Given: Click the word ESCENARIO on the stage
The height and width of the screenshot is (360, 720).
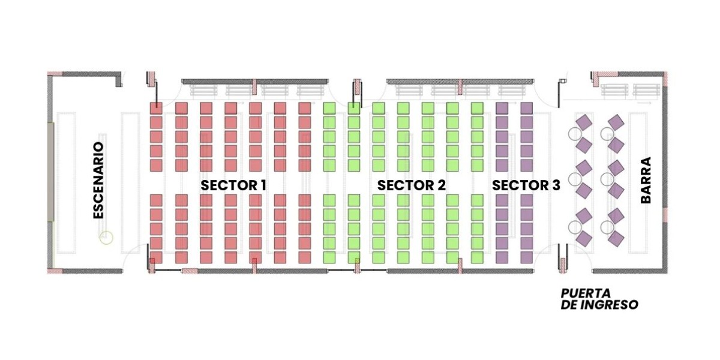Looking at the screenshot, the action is (98, 181).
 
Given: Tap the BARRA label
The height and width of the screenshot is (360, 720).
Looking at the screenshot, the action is (646, 180).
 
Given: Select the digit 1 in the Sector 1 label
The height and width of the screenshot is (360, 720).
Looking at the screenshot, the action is (263, 185).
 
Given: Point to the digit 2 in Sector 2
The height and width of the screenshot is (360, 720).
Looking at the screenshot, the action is (442, 185).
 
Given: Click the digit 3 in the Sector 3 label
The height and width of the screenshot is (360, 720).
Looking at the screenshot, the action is (556, 185).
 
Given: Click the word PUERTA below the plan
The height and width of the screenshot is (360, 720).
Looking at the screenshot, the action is (586, 293).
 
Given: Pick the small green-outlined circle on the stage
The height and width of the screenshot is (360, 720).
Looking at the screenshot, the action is (106, 238).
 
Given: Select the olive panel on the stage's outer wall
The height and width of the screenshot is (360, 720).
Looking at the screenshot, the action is (50, 172).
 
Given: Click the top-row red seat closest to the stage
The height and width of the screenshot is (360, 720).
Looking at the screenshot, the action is (156, 109).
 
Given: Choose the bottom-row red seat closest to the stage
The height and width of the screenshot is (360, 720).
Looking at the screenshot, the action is (156, 257).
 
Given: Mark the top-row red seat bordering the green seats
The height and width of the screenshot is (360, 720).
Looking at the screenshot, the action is (305, 109).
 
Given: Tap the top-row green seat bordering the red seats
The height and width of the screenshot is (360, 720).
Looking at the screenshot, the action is (329, 109).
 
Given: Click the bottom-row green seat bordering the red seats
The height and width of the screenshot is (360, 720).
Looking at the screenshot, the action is (329, 257).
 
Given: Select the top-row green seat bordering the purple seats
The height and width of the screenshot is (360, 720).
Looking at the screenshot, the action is (478, 109).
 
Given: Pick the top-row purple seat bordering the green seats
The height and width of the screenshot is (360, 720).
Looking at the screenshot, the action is (502, 109).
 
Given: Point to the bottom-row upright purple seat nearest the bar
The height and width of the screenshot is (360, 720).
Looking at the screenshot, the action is (527, 257).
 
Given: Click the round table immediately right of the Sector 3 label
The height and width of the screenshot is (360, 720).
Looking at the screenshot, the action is (575, 179).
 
